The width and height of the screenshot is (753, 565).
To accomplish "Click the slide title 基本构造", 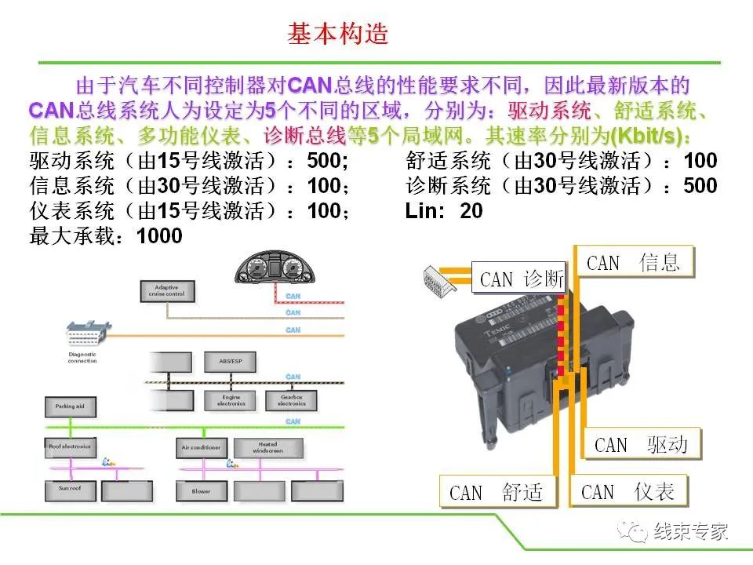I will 338,35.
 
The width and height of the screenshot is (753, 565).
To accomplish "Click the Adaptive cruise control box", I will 166,290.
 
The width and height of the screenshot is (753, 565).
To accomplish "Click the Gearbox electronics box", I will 291,400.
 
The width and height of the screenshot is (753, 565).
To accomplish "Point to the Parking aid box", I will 70,407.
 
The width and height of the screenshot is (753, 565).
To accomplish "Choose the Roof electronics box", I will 70,447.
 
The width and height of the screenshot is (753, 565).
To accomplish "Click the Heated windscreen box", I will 267,447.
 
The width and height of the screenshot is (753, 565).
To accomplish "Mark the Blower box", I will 202,491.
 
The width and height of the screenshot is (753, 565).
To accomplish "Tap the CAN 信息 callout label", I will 636,262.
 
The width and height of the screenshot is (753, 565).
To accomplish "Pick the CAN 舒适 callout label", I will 497,492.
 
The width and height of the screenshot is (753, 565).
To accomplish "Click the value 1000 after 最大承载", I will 159,235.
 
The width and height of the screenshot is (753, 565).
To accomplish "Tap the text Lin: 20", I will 444,210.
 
